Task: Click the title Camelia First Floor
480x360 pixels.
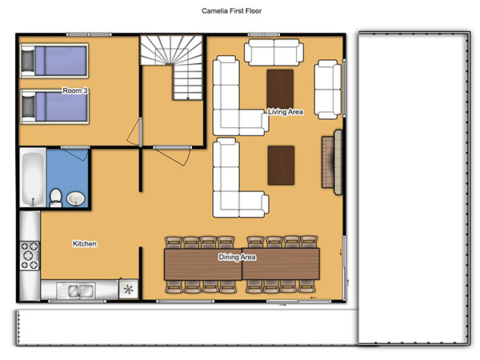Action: click(x=231, y=11)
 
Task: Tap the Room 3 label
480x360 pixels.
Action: click(x=75, y=90)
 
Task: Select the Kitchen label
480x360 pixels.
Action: click(x=85, y=244)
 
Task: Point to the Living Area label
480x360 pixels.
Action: click(x=286, y=112)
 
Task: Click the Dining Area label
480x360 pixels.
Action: click(x=237, y=257)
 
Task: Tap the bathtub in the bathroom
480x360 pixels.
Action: click(x=33, y=178)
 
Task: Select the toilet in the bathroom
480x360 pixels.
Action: click(x=56, y=198)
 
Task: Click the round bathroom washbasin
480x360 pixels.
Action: click(x=75, y=199)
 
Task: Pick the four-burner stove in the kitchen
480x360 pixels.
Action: click(x=30, y=256)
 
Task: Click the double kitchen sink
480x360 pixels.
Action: click(x=75, y=290)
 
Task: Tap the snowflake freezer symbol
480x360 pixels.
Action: click(x=129, y=290)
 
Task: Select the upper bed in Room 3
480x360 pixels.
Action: click(x=54, y=61)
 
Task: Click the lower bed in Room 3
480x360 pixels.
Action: click(x=54, y=106)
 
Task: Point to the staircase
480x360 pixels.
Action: click(x=172, y=67)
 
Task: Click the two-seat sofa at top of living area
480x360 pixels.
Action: click(x=274, y=52)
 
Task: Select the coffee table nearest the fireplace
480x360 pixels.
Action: click(x=281, y=166)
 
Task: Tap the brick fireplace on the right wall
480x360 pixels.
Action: click(x=332, y=162)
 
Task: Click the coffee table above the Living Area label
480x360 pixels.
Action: click(x=280, y=89)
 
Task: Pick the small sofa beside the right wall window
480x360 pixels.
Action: click(x=327, y=90)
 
